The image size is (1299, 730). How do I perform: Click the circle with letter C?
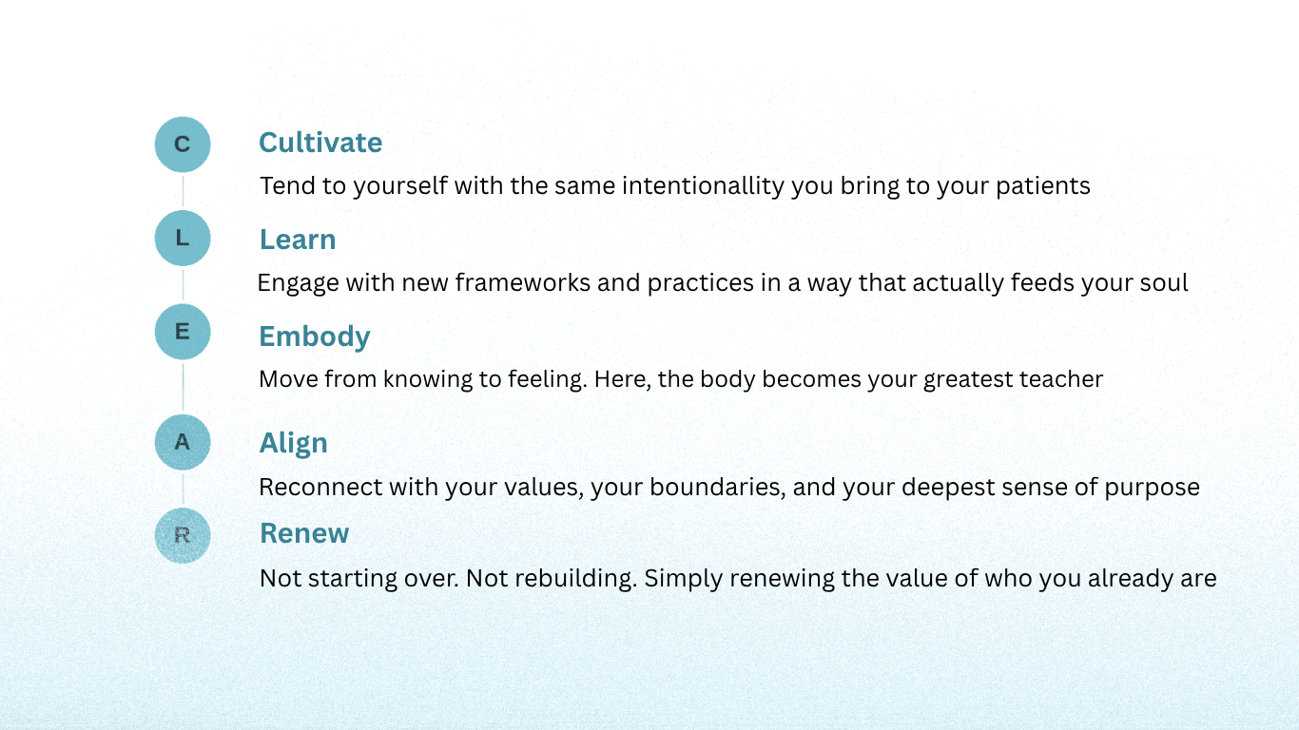click(183, 144)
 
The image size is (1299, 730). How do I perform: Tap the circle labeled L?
click(183, 239)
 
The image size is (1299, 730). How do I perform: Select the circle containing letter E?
click(183, 332)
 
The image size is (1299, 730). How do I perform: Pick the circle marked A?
click(183, 442)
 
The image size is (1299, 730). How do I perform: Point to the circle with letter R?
click(183, 536)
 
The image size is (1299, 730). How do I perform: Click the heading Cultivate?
click(320, 143)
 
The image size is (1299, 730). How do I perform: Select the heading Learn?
click(298, 240)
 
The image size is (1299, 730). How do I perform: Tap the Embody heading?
click(315, 337)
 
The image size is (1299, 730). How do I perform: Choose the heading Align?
click(294, 444)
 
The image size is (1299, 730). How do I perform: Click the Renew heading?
click(304, 533)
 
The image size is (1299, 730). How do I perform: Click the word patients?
click(1042, 186)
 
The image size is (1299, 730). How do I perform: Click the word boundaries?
click(717, 488)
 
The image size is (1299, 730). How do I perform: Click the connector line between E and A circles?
click(184, 387)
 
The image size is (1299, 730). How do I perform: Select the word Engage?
click(298, 284)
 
